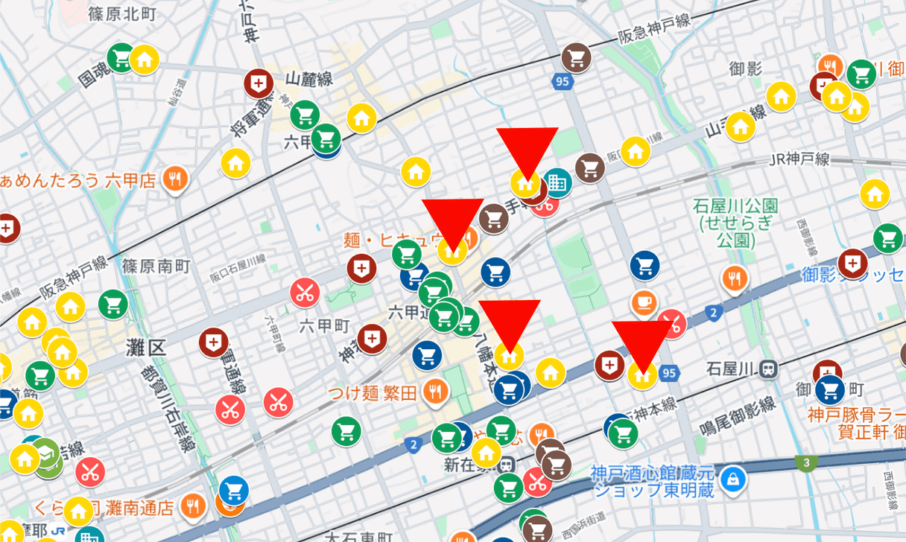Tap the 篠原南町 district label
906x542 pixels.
157,266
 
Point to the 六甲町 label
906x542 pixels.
324,325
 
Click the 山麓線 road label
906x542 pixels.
308,77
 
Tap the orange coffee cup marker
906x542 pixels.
643,302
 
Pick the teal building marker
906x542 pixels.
557,181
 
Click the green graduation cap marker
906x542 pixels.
47,453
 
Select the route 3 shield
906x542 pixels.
806,463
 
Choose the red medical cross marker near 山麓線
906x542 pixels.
259,84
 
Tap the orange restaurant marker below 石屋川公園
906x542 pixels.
735,278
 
